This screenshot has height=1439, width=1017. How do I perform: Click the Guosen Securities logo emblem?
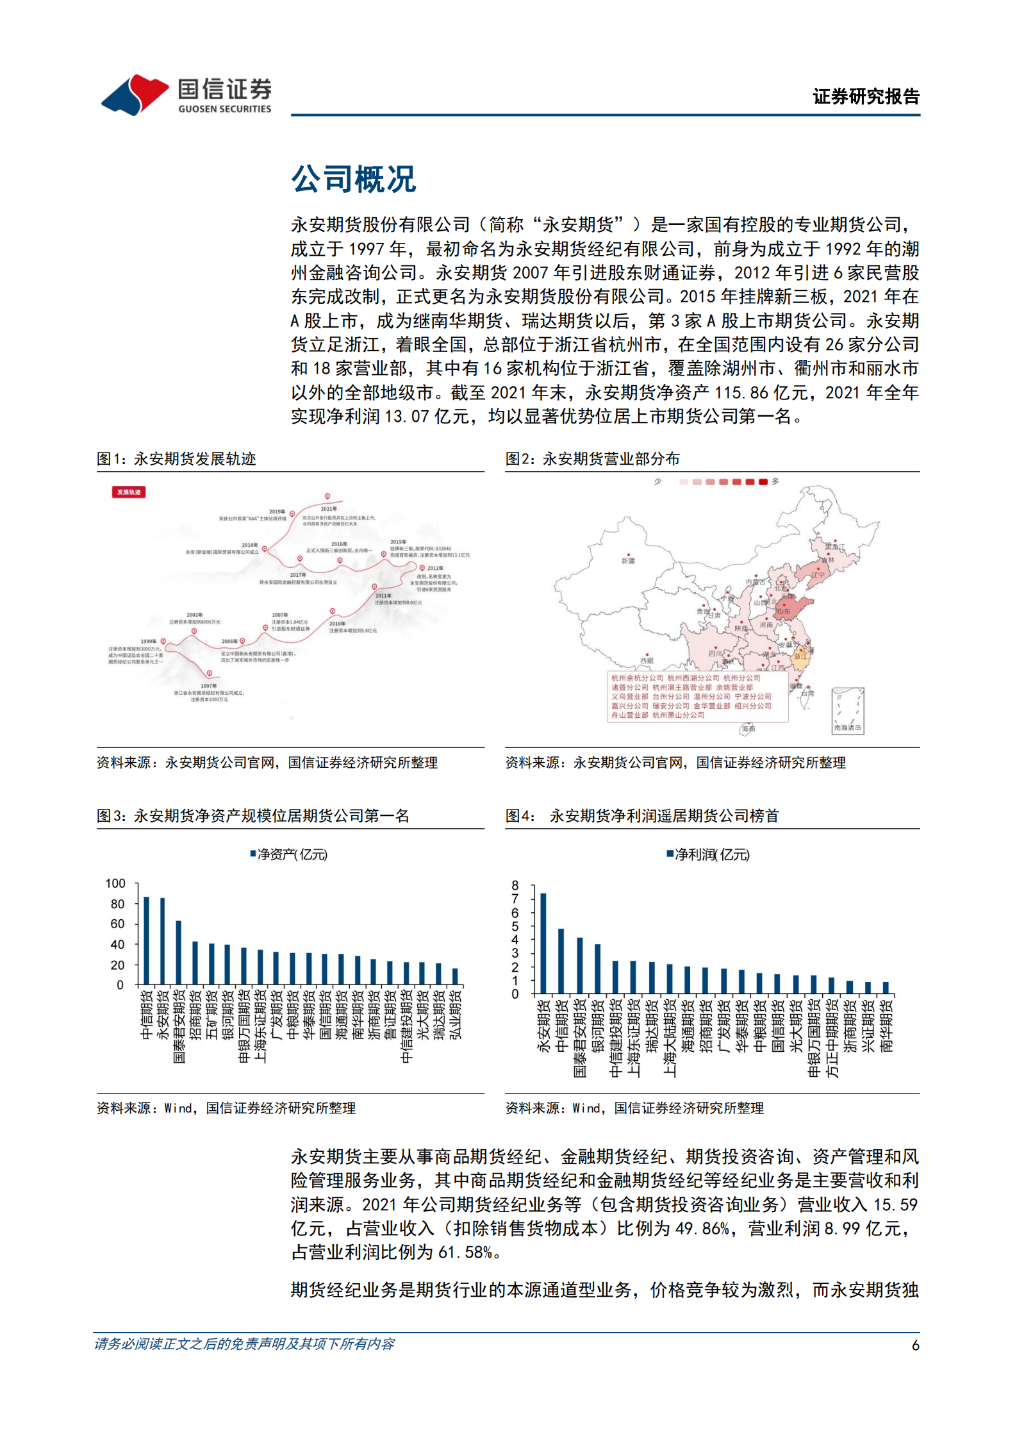(x=135, y=95)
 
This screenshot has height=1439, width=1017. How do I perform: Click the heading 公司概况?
(x=353, y=179)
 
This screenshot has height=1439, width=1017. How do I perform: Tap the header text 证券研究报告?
(x=865, y=97)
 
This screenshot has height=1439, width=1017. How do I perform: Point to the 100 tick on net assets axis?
(x=115, y=883)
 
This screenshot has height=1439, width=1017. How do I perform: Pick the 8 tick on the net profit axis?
(x=515, y=885)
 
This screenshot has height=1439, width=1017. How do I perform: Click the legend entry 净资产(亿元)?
(x=289, y=854)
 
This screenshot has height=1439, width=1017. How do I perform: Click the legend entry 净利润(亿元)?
(x=708, y=854)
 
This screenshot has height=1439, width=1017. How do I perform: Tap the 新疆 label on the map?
(x=628, y=561)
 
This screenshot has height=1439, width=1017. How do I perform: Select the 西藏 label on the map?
(x=647, y=660)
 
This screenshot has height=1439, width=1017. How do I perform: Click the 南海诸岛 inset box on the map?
(x=847, y=711)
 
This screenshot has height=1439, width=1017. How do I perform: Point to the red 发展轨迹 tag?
(x=129, y=492)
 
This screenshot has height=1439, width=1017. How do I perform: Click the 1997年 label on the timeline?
(x=209, y=686)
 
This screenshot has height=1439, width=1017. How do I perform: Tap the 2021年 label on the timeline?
(x=327, y=508)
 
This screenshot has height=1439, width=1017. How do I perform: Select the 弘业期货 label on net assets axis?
(x=456, y=1015)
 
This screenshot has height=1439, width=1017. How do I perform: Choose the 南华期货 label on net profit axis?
(x=886, y=1026)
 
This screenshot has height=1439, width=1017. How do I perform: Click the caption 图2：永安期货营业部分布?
(x=592, y=459)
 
